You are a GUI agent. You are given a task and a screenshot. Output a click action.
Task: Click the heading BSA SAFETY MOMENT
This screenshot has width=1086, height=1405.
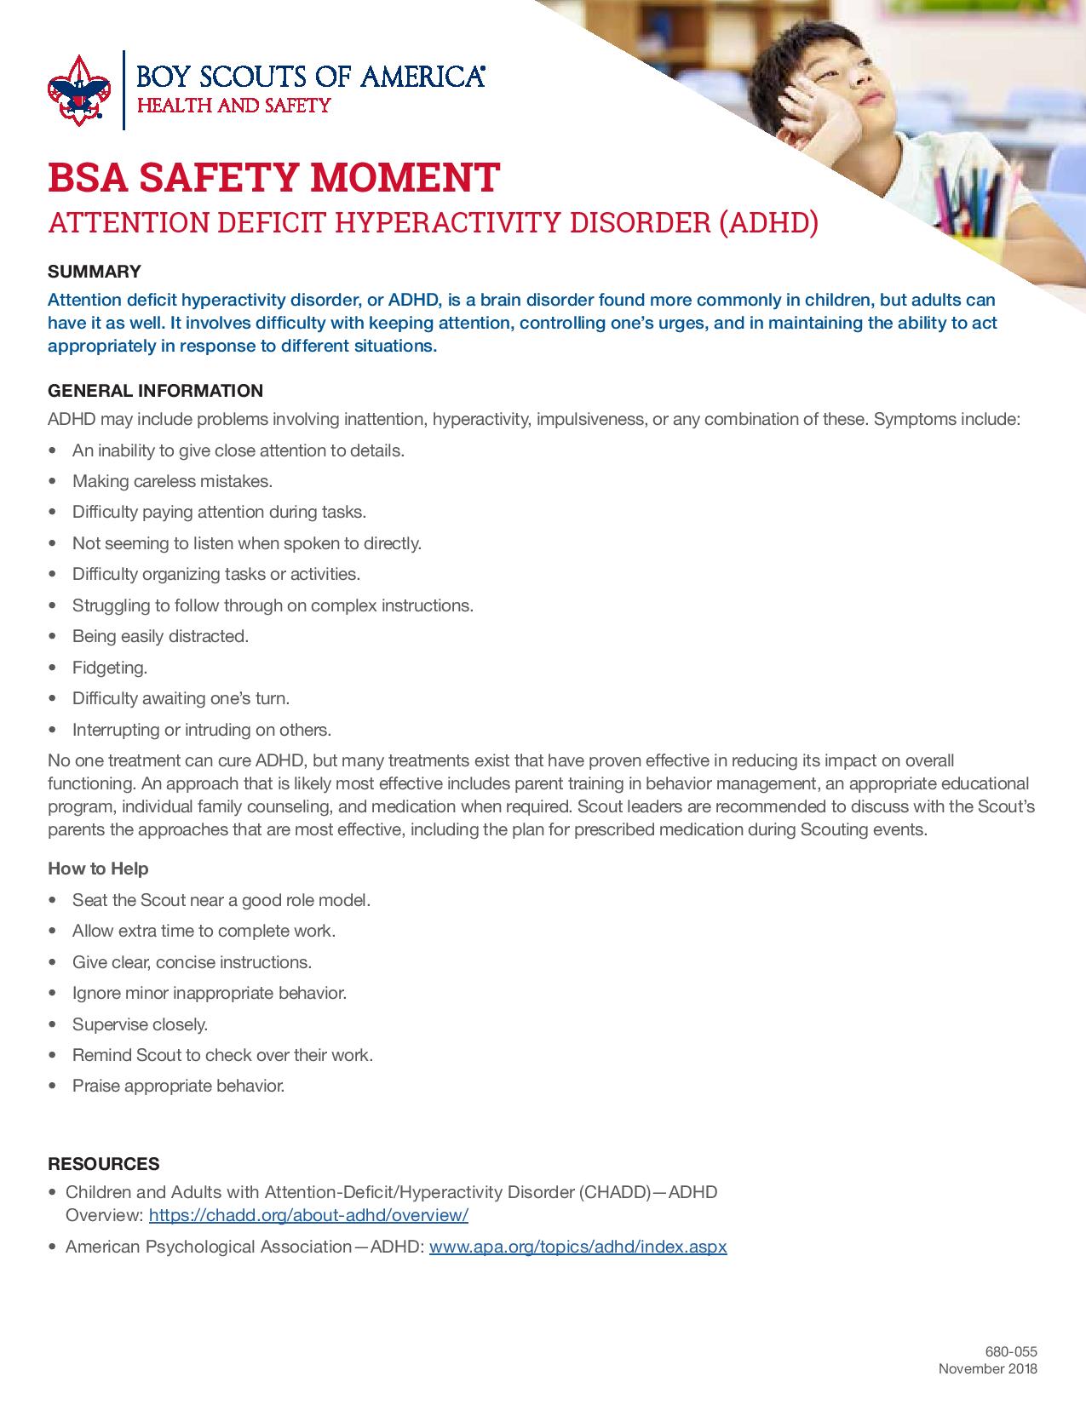[273, 177]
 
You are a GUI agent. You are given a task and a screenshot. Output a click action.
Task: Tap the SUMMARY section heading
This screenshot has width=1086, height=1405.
[94, 272]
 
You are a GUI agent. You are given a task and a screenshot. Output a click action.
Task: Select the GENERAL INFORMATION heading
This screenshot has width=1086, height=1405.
[155, 391]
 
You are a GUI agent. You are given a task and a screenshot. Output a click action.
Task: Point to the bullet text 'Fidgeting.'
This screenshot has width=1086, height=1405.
[110, 668]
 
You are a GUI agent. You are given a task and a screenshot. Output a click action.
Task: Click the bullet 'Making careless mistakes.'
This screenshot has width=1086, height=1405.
[172, 481]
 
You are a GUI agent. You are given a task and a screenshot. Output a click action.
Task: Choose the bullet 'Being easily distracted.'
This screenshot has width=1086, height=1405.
[160, 636]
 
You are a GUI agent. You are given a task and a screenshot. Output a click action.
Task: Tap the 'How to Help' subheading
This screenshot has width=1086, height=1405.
[98, 869]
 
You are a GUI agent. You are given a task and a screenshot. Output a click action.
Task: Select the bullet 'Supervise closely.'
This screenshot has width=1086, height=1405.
[140, 1024]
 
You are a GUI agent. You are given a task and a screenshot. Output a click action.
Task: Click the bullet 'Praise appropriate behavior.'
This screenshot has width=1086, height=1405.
[178, 1087]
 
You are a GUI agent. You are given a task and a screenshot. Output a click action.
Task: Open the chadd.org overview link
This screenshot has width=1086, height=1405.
[308, 1215]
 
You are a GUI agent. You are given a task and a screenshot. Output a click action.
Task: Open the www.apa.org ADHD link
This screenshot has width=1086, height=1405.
[577, 1247]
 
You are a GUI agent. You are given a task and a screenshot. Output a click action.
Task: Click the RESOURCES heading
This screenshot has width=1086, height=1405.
[104, 1164]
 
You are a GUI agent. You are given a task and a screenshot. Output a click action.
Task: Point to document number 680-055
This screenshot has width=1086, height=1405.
[1011, 1351]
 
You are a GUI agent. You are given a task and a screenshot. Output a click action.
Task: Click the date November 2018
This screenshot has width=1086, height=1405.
[988, 1369]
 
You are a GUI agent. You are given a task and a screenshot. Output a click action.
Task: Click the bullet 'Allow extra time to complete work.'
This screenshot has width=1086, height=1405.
[204, 931]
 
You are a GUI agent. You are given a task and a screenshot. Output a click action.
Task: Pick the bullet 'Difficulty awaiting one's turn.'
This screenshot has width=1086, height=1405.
[181, 698]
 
